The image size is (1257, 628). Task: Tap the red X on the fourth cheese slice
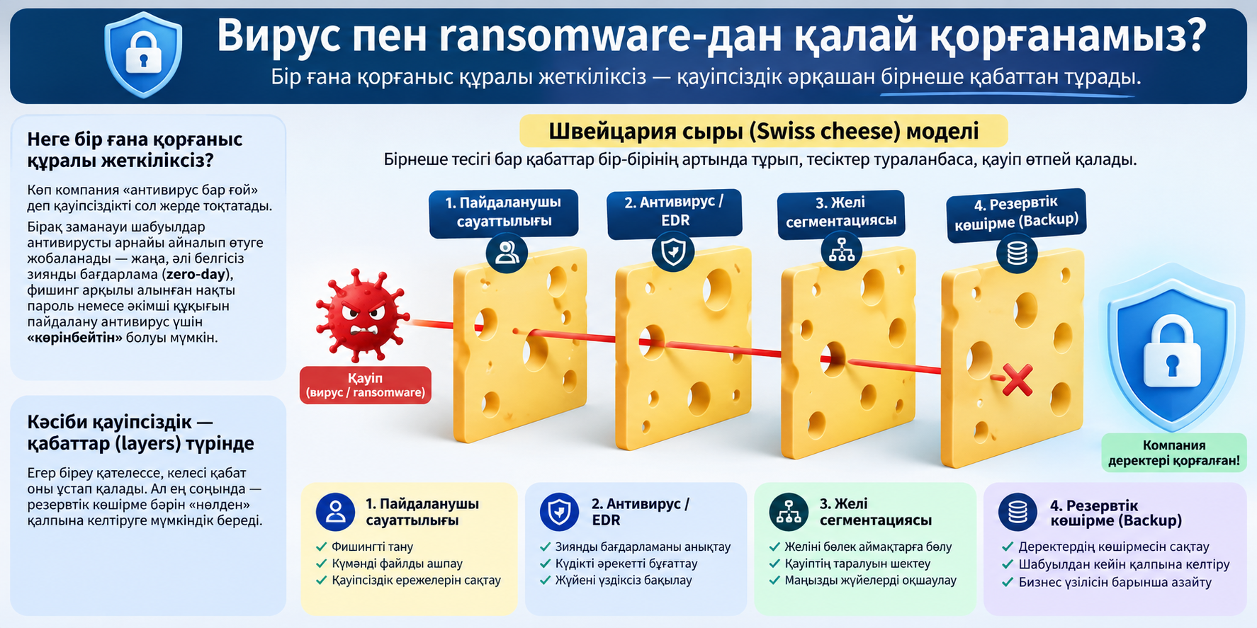(x=1018, y=380)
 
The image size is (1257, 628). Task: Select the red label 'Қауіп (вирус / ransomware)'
(x=366, y=385)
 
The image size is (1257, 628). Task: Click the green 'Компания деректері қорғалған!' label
(x=1174, y=453)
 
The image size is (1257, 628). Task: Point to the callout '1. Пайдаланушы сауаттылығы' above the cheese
(x=504, y=212)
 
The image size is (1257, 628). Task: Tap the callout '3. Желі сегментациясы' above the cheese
(x=841, y=212)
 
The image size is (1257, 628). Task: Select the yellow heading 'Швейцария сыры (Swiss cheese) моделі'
(x=764, y=131)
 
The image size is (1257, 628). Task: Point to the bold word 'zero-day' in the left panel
(x=196, y=274)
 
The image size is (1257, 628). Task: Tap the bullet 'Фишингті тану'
(x=372, y=547)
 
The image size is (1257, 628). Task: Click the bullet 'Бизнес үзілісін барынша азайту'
(x=1115, y=582)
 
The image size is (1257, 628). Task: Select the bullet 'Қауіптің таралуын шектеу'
(x=857, y=564)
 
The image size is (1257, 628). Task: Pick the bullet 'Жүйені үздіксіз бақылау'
(x=624, y=580)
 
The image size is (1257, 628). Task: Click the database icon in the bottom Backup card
(x=1018, y=512)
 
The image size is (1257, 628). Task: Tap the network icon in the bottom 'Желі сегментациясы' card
(x=789, y=512)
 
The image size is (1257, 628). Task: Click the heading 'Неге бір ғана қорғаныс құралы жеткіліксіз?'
(x=135, y=149)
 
